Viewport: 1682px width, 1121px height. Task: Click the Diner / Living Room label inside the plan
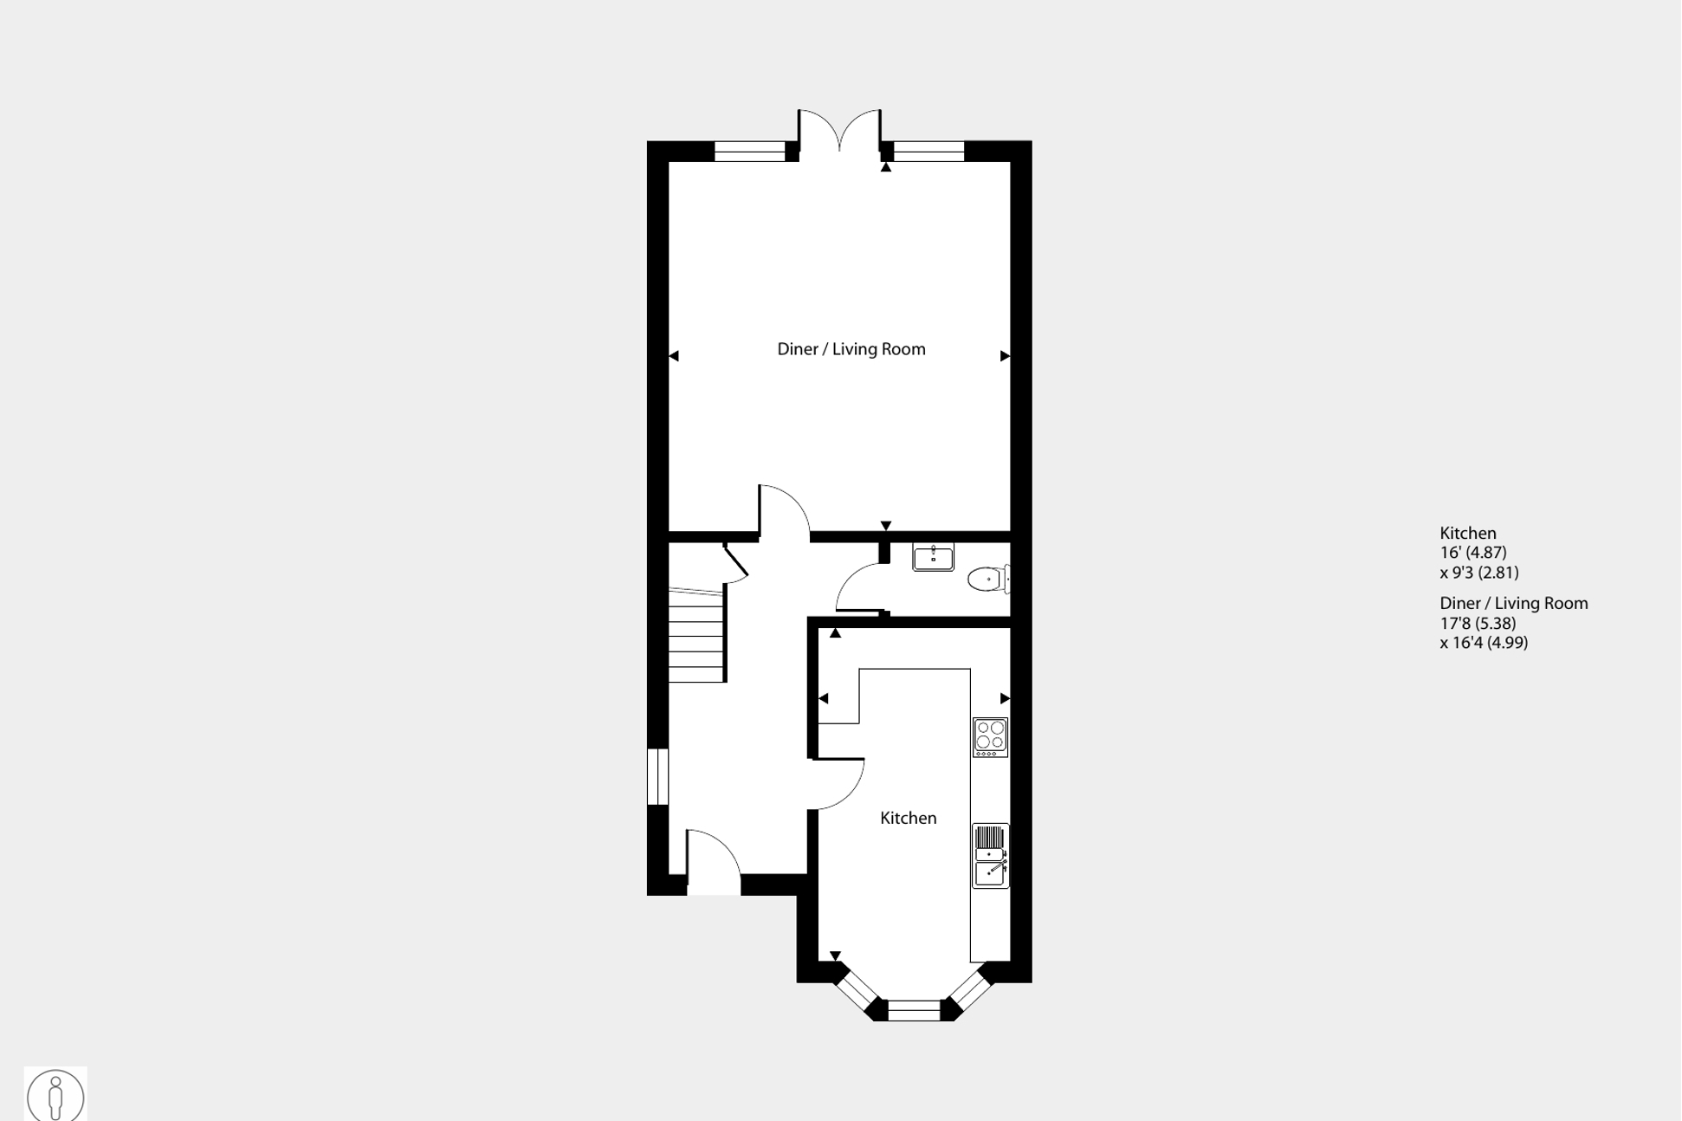tap(851, 349)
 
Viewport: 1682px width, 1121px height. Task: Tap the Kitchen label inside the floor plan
tap(908, 818)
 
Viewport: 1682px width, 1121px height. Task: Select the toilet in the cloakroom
tap(987, 579)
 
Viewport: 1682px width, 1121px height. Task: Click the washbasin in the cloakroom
tap(933, 557)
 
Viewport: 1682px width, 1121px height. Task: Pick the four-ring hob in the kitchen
tap(990, 737)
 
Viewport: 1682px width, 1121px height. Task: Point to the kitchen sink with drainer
tap(990, 856)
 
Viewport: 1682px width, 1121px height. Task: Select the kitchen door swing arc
tap(838, 785)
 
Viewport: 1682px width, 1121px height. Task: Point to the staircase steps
tap(696, 637)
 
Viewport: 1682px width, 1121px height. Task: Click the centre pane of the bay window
tap(914, 1010)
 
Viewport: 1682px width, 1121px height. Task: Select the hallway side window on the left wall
tap(658, 777)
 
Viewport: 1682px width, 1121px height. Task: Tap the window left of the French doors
tap(748, 152)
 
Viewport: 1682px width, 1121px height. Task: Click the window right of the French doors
tap(928, 152)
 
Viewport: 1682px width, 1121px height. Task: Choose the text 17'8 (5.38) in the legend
tap(1478, 623)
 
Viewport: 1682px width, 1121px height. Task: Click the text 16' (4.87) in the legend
tap(1472, 553)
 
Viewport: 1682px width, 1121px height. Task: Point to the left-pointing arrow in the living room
tap(674, 356)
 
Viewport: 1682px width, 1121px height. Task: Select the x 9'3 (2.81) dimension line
tap(1478, 573)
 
